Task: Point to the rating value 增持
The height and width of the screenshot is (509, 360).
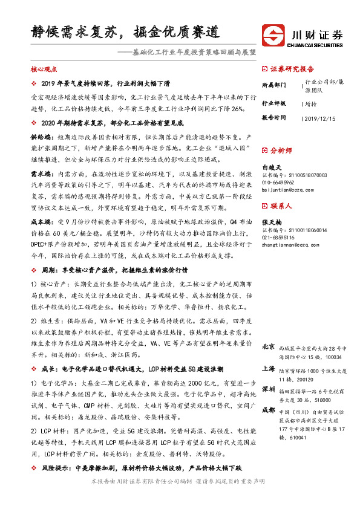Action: point(312,103)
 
